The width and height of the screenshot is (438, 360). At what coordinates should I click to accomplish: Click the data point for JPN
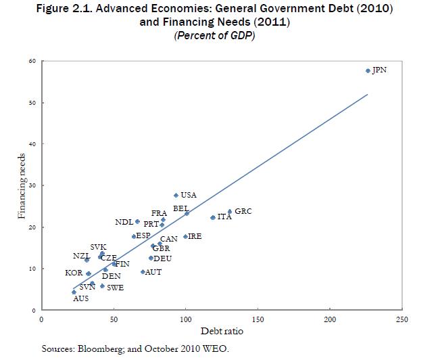pyautogui.click(x=368, y=70)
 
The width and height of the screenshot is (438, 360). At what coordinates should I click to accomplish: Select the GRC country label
pyautogui.click(x=243, y=212)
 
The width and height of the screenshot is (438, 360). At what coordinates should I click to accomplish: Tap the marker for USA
pyautogui.click(x=176, y=195)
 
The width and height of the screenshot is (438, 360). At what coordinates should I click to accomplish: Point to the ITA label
pyautogui.click(x=224, y=218)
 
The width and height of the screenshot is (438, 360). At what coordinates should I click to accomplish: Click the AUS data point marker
pyautogui.click(x=74, y=292)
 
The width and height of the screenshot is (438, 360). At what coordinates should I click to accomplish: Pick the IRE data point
pyautogui.click(x=185, y=237)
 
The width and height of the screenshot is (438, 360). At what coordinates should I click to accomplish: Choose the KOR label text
pyautogui.click(x=74, y=273)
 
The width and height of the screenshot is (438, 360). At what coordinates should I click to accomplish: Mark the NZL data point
pyautogui.click(x=87, y=260)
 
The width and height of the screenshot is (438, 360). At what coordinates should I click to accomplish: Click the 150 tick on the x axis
pyautogui.click(x=258, y=319)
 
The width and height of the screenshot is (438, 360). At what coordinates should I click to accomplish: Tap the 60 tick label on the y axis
pyautogui.click(x=31, y=62)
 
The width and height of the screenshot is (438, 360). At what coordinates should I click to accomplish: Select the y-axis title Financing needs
pyautogui.click(x=22, y=186)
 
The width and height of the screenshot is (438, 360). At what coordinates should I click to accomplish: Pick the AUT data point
pyautogui.click(x=143, y=272)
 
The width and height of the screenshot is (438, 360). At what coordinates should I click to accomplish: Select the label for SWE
pyautogui.click(x=115, y=288)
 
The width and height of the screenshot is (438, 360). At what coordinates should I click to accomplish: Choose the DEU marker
pyautogui.click(x=151, y=258)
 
